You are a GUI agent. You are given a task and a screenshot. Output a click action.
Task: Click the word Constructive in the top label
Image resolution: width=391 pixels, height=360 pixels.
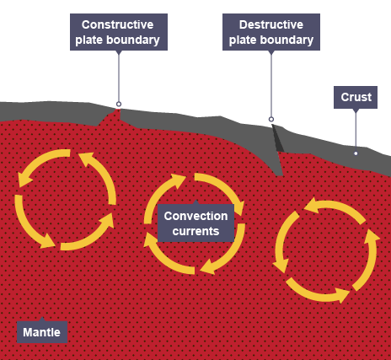pyautogui.click(x=118, y=24)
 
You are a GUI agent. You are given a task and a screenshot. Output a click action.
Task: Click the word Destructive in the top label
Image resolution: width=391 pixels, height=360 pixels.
pyautogui.click(x=270, y=24)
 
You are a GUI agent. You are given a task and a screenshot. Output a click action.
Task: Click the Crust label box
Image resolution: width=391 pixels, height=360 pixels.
pyautogui.click(x=356, y=98)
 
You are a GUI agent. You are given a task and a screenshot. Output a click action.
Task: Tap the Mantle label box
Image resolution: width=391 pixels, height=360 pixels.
pyautogui.click(x=41, y=332)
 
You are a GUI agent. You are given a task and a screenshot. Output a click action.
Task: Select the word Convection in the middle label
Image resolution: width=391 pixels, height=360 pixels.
pyautogui.click(x=195, y=216)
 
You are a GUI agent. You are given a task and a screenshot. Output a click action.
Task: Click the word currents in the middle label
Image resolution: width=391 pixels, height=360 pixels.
pyautogui.click(x=195, y=230)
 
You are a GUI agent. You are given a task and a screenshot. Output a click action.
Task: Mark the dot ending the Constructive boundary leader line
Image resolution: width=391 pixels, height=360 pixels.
pyautogui.click(x=119, y=105)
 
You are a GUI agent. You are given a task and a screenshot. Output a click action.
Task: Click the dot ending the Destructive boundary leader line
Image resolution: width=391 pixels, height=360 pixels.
pyautogui.click(x=271, y=119)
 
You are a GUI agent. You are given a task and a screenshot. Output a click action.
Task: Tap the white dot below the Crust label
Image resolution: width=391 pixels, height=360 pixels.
pyautogui.click(x=356, y=153)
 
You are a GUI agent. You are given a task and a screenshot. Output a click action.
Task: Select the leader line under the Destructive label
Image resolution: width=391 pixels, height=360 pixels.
pyautogui.click(x=271, y=84)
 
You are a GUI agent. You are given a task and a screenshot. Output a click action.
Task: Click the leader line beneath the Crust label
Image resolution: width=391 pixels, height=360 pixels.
pyautogui.click(x=356, y=131)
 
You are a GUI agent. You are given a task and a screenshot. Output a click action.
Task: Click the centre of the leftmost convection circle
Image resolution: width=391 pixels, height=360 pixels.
pyautogui.click(x=66, y=199)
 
